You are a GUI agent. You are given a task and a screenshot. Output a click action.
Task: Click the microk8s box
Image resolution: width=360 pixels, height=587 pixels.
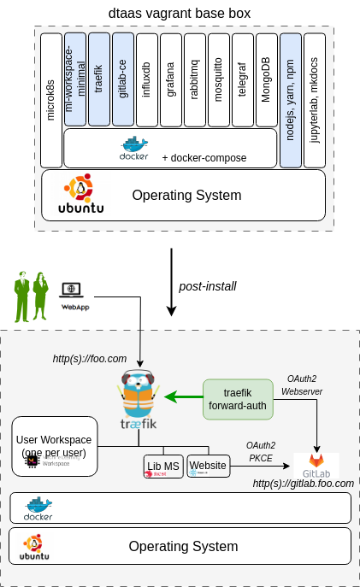pos(51,100)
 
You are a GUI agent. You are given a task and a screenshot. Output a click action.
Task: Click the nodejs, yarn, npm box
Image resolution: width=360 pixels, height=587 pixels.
pos(291,100)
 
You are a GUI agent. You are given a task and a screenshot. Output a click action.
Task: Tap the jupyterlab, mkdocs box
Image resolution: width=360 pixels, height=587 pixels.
pos(315,100)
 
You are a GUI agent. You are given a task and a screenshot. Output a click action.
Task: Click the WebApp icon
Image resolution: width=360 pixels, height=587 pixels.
pos(74,296)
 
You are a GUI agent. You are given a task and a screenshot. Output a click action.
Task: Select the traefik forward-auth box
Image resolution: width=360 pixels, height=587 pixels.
pos(238,398)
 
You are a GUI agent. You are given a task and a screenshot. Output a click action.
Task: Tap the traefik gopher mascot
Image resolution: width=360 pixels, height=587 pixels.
pos(138,396)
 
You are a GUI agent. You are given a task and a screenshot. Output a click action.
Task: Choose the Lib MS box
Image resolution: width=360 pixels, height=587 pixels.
pos(163,466)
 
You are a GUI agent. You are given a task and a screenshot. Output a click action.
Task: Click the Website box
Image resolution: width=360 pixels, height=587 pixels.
pos(209,466)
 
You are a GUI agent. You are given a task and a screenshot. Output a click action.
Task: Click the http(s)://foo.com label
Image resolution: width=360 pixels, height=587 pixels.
pos(90,359)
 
